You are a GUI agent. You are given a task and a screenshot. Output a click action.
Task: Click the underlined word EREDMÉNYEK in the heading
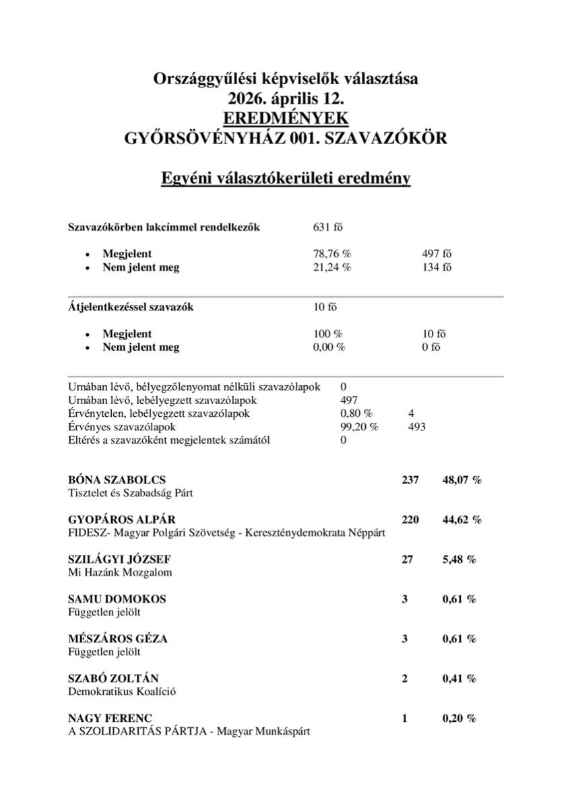286,118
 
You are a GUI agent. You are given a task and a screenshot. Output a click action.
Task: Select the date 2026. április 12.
286,98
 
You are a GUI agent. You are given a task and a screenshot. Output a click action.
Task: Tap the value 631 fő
328,227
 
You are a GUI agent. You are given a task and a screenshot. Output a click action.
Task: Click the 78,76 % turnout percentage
332,254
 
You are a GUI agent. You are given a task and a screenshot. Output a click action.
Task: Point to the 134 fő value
437,267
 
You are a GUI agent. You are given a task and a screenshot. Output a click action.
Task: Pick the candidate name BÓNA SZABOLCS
117,480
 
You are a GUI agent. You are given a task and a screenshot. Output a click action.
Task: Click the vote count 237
410,480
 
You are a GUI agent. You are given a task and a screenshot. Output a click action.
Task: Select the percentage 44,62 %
462,520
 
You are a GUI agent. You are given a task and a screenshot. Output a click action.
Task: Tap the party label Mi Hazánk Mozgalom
121,572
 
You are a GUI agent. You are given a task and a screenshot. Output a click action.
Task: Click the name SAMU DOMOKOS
117,599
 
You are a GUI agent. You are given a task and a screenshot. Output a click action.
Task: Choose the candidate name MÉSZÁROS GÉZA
118,638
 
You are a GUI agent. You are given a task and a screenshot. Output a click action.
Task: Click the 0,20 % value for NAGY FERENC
459,718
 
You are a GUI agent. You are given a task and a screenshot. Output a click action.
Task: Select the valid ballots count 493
416,427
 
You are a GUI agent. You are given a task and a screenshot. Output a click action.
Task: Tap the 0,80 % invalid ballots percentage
356,413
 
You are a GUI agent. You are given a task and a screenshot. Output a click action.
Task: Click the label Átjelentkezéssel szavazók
131,307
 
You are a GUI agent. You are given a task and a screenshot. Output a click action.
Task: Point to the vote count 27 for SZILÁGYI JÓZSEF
407,560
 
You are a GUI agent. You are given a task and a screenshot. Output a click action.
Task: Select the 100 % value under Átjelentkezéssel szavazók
328,334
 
